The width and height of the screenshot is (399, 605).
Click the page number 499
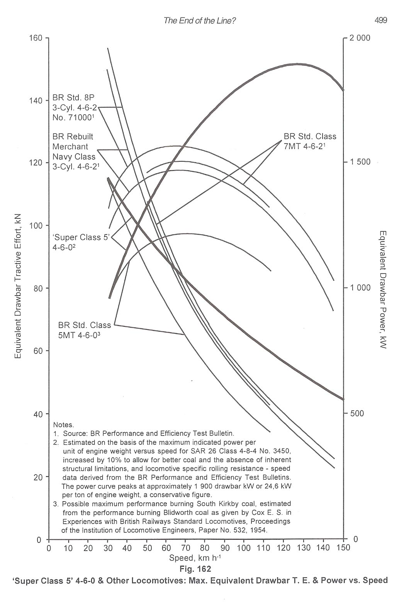tap(380, 21)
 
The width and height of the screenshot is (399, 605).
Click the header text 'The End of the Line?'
tap(200, 21)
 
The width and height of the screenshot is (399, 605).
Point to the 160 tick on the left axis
tap(36, 38)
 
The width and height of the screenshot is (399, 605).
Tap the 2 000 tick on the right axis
tap(360, 38)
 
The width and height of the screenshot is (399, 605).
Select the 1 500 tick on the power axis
tap(360, 162)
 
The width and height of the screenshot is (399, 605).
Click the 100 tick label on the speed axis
tap(244, 548)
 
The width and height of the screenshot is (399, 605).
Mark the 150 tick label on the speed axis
tap(343, 548)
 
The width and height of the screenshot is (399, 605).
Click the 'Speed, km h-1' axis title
tap(195, 558)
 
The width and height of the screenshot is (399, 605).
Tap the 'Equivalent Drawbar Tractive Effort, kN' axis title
tap(18, 286)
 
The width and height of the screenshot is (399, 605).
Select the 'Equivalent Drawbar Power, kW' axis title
tap(382, 289)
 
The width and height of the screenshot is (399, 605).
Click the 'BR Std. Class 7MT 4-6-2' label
tap(310, 141)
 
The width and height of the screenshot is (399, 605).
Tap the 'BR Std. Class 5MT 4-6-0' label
tap(84, 330)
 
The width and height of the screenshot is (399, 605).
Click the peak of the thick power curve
tap(297, 64)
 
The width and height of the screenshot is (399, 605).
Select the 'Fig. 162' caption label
tap(195, 569)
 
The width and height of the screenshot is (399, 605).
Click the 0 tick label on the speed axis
tap(49, 548)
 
